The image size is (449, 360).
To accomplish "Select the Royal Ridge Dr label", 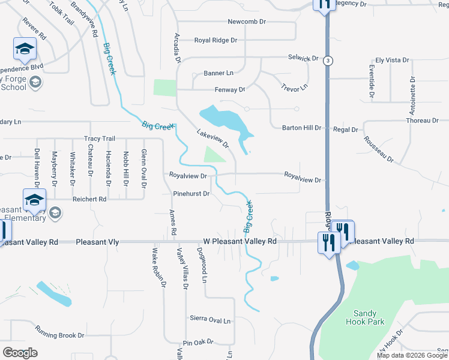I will [215, 41].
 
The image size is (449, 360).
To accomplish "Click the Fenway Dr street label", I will [230, 90].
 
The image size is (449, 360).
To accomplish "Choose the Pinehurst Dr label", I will [191, 194].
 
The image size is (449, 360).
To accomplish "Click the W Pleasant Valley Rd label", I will [240, 241].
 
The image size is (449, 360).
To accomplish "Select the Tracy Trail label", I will [100, 139].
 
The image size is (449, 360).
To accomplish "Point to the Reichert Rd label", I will [89, 199].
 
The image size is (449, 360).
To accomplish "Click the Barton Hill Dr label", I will [302, 128].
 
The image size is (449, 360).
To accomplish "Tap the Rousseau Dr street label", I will [378, 149].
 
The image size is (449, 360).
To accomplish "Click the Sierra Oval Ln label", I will [210, 320].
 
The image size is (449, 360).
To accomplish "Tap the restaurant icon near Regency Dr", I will [324, 5].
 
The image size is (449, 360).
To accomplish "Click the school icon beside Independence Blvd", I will [25, 49].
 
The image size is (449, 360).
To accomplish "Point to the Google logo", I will [20, 353].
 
